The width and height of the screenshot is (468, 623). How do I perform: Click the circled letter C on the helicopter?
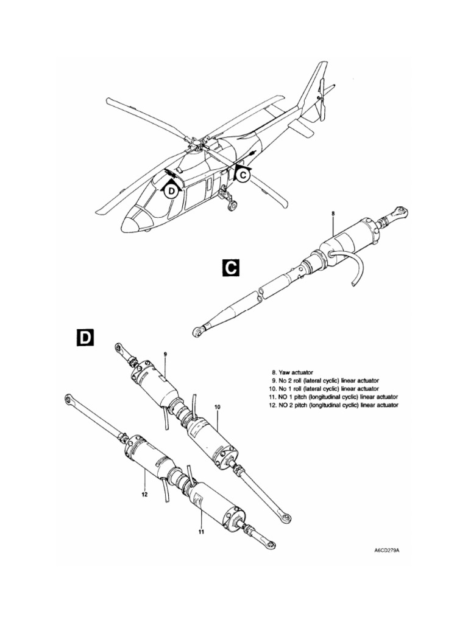[243, 175]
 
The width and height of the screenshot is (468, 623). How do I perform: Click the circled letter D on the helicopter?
[172, 191]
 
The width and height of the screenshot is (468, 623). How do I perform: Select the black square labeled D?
[85, 338]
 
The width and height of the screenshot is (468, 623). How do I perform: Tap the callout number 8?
[333, 214]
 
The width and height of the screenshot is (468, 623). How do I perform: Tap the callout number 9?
[165, 353]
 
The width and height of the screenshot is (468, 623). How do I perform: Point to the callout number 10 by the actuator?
[217, 406]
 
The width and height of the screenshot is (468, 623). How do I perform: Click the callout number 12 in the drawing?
[144, 495]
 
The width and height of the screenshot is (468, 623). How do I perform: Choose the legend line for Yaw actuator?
[293, 371]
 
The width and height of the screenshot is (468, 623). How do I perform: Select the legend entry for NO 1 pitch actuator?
[334, 396]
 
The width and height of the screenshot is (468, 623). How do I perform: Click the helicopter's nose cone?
[129, 224]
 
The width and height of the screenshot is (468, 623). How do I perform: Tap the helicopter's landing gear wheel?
[232, 206]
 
